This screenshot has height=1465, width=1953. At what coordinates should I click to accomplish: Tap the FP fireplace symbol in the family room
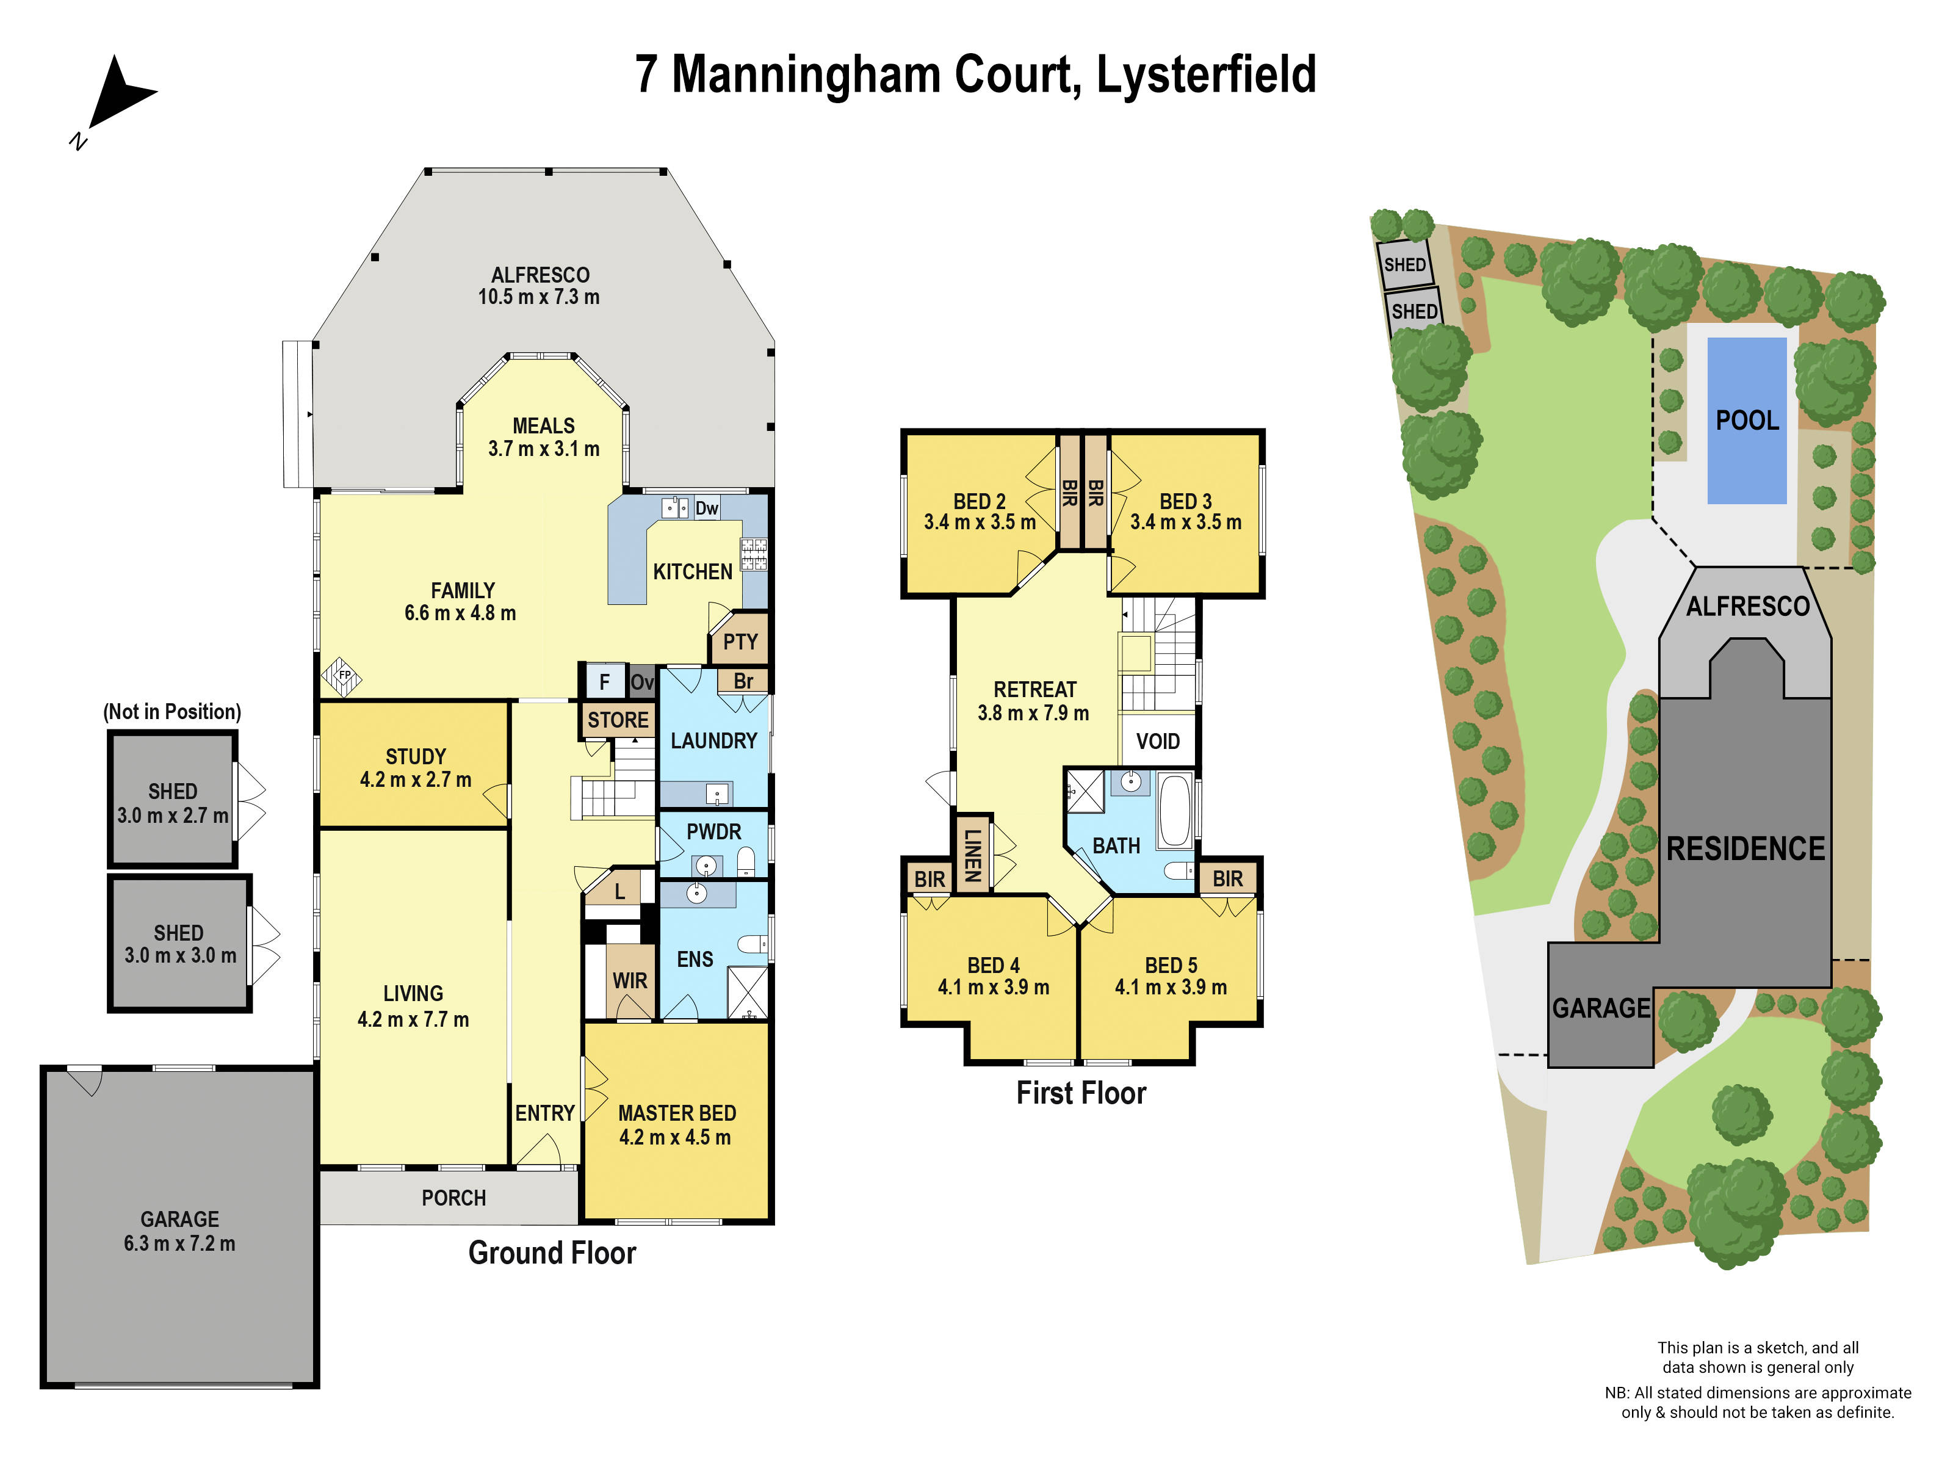click(x=342, y=676)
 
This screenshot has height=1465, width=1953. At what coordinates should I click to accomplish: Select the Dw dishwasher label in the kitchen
click(x=706, y=508)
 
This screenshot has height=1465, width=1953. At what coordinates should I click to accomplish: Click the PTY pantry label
click(x=740, y=642)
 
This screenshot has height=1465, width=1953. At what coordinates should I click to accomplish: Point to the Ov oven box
click(x=642, y=682)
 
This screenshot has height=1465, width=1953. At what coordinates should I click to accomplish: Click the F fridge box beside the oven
click(x=604, y=682)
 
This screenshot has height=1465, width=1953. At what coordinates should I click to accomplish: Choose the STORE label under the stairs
click(x=618, y=720)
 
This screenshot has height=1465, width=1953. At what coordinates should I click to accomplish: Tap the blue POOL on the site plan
click(x=1746, y=421)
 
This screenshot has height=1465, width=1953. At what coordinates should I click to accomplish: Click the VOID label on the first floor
click(x=1158, y=741)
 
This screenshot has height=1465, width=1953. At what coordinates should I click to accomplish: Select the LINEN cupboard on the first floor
click(x=972, y=854)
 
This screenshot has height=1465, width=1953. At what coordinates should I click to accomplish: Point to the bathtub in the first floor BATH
click(x=1175, y=811)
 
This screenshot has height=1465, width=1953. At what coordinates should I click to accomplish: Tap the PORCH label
click(x=454, y=1198)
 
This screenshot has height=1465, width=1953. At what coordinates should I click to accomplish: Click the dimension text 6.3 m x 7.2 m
click(x=179, y=1243)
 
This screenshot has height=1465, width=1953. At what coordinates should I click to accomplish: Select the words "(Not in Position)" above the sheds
click(x=172, y=712)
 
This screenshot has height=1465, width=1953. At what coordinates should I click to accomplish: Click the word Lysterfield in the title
click(x=1205, y=74)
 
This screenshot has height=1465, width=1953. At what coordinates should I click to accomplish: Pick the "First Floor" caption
click(x=1081, y=1093)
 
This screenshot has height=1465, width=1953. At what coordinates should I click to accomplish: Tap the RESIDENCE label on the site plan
click(x=1745, y=848)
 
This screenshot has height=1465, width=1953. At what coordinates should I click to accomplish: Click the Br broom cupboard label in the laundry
click(x=743, y=681)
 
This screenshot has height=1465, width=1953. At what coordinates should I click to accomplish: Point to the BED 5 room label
click(x=1171, y=965)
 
